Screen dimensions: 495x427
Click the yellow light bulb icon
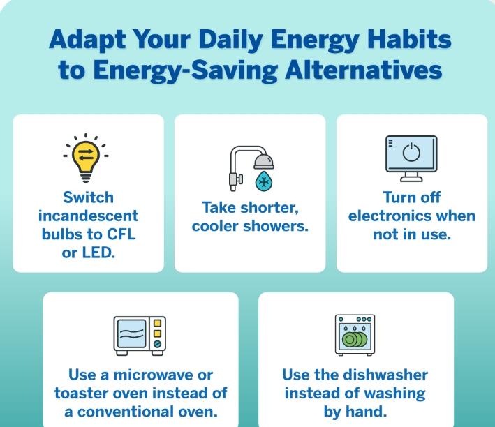point(86,158)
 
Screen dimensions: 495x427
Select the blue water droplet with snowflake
point(264,181)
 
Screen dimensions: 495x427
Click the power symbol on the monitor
point(411,152)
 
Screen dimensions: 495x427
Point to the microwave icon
point(140,336)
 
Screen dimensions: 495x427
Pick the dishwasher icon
point(355,335)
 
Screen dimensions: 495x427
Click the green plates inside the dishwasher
point(355,340)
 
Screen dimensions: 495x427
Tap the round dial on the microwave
point(157,344)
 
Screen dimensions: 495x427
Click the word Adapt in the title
point(87,40)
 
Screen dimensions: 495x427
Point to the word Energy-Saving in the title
point(185,70)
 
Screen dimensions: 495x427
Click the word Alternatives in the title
point(363,70)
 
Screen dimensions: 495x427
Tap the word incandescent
point(89,216)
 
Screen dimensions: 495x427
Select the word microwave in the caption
point(153,375)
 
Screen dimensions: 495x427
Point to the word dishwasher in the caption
point(385,375)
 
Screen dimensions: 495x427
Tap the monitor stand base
point(411,179)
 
